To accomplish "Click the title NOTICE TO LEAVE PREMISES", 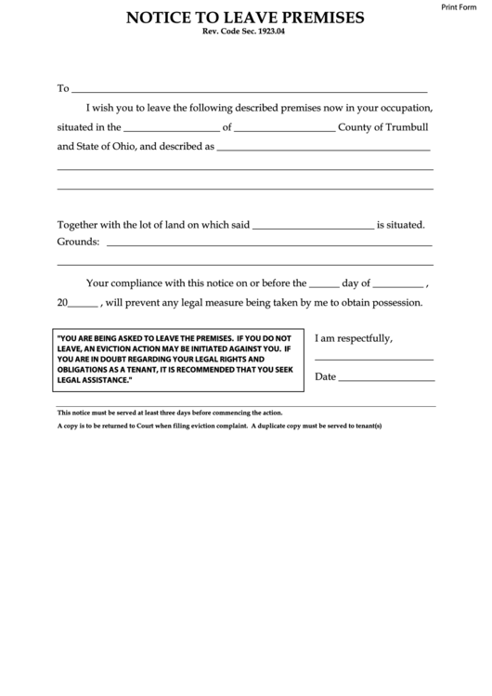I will point(245,18).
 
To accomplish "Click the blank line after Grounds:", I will point(269,244).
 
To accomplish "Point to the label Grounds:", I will point(79,242).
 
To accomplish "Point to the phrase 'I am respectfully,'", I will point(355,338).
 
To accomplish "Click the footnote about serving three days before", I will point(171,413).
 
